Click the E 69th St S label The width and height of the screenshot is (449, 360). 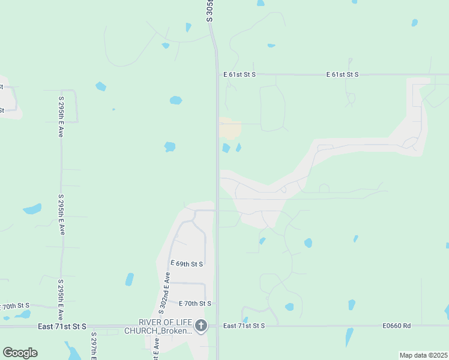(187, 264)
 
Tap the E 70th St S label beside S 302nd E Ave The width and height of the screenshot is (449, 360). (190, 304)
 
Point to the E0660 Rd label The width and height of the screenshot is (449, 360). (397, 326)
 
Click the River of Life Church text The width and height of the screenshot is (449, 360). (158, 326)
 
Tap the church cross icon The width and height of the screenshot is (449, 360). (201, 326)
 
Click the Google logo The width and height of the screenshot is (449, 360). (20, 352)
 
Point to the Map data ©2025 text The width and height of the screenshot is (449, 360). (423, 355)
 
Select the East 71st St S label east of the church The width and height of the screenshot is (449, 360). (243, 326)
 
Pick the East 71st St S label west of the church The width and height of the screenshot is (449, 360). (62, 326)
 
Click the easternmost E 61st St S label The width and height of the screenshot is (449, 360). (342, 74)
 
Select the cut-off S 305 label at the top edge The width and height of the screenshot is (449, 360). (210, 11)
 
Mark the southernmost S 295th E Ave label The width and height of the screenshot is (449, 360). (61, 299)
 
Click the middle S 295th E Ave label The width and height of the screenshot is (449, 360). (61, 214)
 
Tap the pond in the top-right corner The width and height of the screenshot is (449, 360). (414, 23)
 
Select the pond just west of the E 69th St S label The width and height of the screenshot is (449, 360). (130, 279)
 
